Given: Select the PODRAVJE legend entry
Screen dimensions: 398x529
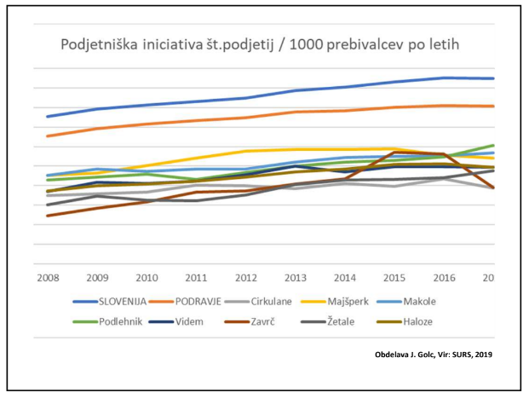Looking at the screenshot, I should point(204,302).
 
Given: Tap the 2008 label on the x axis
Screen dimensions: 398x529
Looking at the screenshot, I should point(48,277).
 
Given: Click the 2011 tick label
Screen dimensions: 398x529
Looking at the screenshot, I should point(197,277).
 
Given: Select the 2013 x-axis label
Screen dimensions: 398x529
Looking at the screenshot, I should point(295,277).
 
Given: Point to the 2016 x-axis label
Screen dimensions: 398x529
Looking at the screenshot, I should point(443,277).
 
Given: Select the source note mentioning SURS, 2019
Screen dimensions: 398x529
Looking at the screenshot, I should point(434,354).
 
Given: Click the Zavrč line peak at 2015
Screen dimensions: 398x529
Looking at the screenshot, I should point(394,152).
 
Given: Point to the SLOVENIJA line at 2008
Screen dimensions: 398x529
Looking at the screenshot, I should point(48,116).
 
